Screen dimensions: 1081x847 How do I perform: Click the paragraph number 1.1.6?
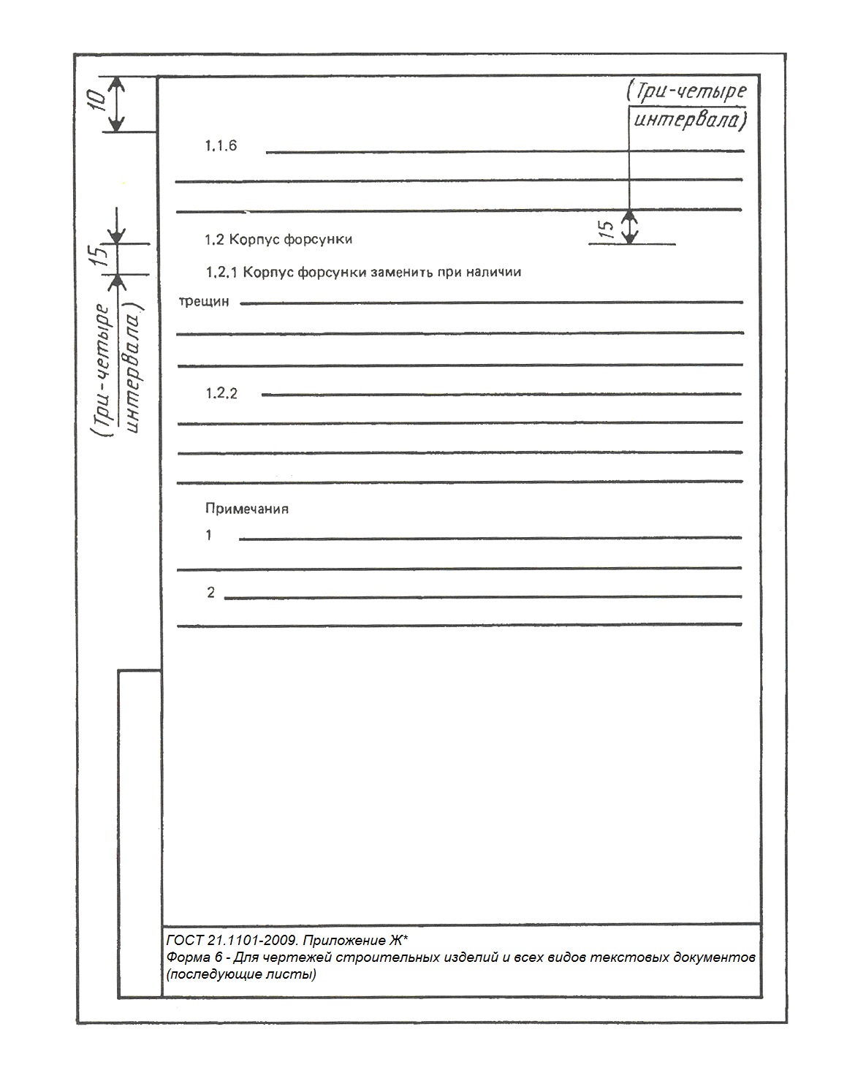(221, 146)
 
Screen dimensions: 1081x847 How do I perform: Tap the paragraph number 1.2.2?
(221, 394)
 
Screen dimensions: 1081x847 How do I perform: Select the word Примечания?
(247, 509)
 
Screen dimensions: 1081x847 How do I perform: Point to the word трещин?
(204, 301)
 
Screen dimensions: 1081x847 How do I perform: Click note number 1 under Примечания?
(209, 536)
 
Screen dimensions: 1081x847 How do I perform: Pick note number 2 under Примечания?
(211, 593)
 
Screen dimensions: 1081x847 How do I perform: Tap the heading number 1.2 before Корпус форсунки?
(214, 240)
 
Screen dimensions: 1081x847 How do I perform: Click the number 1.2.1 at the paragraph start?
(223, 273)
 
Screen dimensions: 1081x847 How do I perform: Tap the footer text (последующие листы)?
(241, 975)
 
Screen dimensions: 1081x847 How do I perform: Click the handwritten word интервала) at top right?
(689, 120)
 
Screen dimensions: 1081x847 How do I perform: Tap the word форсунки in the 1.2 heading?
(318, 240)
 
